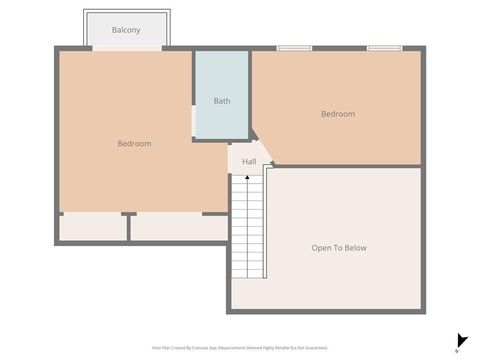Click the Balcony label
(x=126, y=30)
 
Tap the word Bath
(x=221, y=101)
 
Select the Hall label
(x=249, y=161)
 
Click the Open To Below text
(x=339, y=247)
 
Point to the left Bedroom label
(x=134, y=144)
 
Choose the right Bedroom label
(x=337, y=114)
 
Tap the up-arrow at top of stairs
(x=247, y=178)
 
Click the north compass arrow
(x=461, y=341)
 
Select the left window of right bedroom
(x=294, y=47)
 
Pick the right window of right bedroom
(x=384, y=47)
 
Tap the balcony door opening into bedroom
(x=127, y=48)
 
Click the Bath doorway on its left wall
(x=194, y=119)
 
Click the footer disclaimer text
(x=240, y=347)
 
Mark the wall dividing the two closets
(x=128, y=227)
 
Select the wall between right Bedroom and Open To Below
(x=345, y=166)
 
